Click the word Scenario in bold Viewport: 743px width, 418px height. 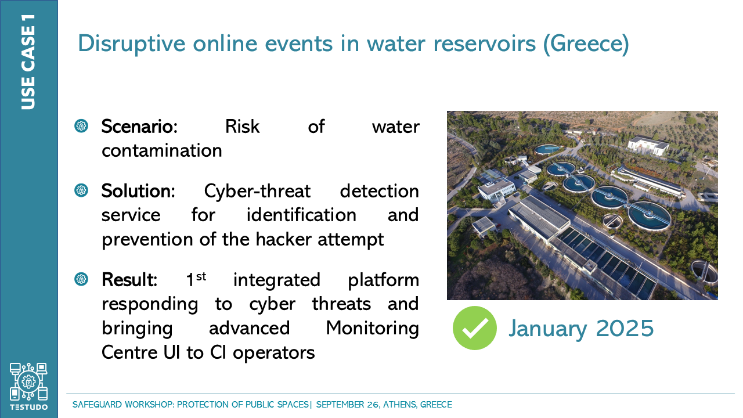[x=139, y=127]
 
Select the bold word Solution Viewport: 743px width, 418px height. [x=138, y=191]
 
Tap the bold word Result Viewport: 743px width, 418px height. [x=129, y=279]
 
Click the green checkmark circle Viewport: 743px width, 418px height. [x=475, y=328]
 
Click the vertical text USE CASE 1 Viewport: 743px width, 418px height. [x=28, y=62]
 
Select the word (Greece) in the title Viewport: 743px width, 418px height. [x=586, y=44]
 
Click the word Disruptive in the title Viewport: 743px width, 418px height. [x=131, y=44]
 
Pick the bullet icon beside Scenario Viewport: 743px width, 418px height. [x=81, y=126]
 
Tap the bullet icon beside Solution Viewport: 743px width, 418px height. [x=81, y=190]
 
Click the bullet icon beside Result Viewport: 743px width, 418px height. [x=81, y=279]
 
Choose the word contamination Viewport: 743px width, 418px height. [x=162, y=150]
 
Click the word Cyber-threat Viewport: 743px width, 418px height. [x=257, y=191]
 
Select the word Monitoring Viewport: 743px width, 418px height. [x=373, y=329]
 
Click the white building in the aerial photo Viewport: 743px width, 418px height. [x=647, y=145]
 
